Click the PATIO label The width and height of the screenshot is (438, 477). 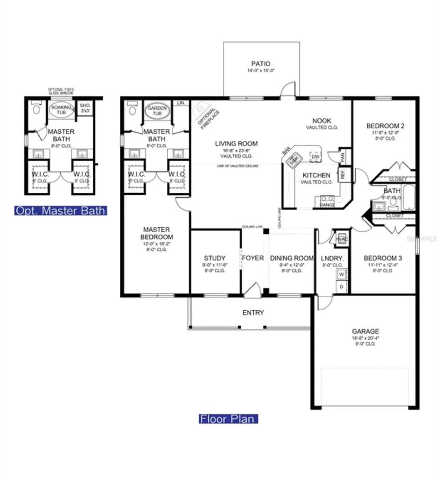click(261, 64)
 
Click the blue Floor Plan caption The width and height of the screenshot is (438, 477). click(228, 418)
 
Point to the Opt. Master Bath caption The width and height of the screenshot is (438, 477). click(60, 210)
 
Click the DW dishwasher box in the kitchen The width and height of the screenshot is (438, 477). click(315, 157)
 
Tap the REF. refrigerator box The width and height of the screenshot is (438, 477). click(343, 174)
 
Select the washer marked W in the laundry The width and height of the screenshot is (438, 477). click(342, 274)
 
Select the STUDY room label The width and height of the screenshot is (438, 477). click(214, 258)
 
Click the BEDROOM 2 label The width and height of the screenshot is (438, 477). click(385, 126)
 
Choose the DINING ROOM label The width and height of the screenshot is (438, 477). click(292, 258)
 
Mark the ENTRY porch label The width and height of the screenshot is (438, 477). click(253, 313)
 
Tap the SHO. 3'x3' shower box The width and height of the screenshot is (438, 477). click(83, 109)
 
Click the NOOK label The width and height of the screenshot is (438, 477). click(322, 121)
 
